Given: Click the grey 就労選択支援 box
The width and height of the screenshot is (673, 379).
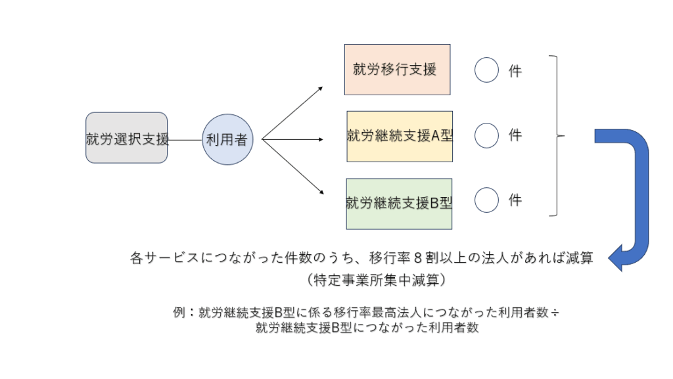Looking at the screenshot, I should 126,138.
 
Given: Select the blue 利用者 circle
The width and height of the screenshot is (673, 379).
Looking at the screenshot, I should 227,139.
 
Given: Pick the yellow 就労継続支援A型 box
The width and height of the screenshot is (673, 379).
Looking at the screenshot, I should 400,136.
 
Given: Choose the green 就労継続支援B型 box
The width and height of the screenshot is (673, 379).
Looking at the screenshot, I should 399,203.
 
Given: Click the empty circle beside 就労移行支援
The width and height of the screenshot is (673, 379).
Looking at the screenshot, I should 486,70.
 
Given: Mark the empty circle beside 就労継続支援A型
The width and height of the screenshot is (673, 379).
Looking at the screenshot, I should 486,135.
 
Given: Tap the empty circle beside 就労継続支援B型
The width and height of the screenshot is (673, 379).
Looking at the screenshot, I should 486,200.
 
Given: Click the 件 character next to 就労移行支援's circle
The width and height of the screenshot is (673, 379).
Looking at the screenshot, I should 515,71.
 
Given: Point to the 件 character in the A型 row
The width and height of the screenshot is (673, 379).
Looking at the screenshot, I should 515,135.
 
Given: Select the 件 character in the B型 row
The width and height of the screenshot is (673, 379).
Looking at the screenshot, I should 515,200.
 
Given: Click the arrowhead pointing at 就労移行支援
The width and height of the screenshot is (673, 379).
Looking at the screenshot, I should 320,88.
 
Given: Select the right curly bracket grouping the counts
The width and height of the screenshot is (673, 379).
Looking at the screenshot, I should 557,136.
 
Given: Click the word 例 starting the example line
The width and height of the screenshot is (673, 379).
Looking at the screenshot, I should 179,313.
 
